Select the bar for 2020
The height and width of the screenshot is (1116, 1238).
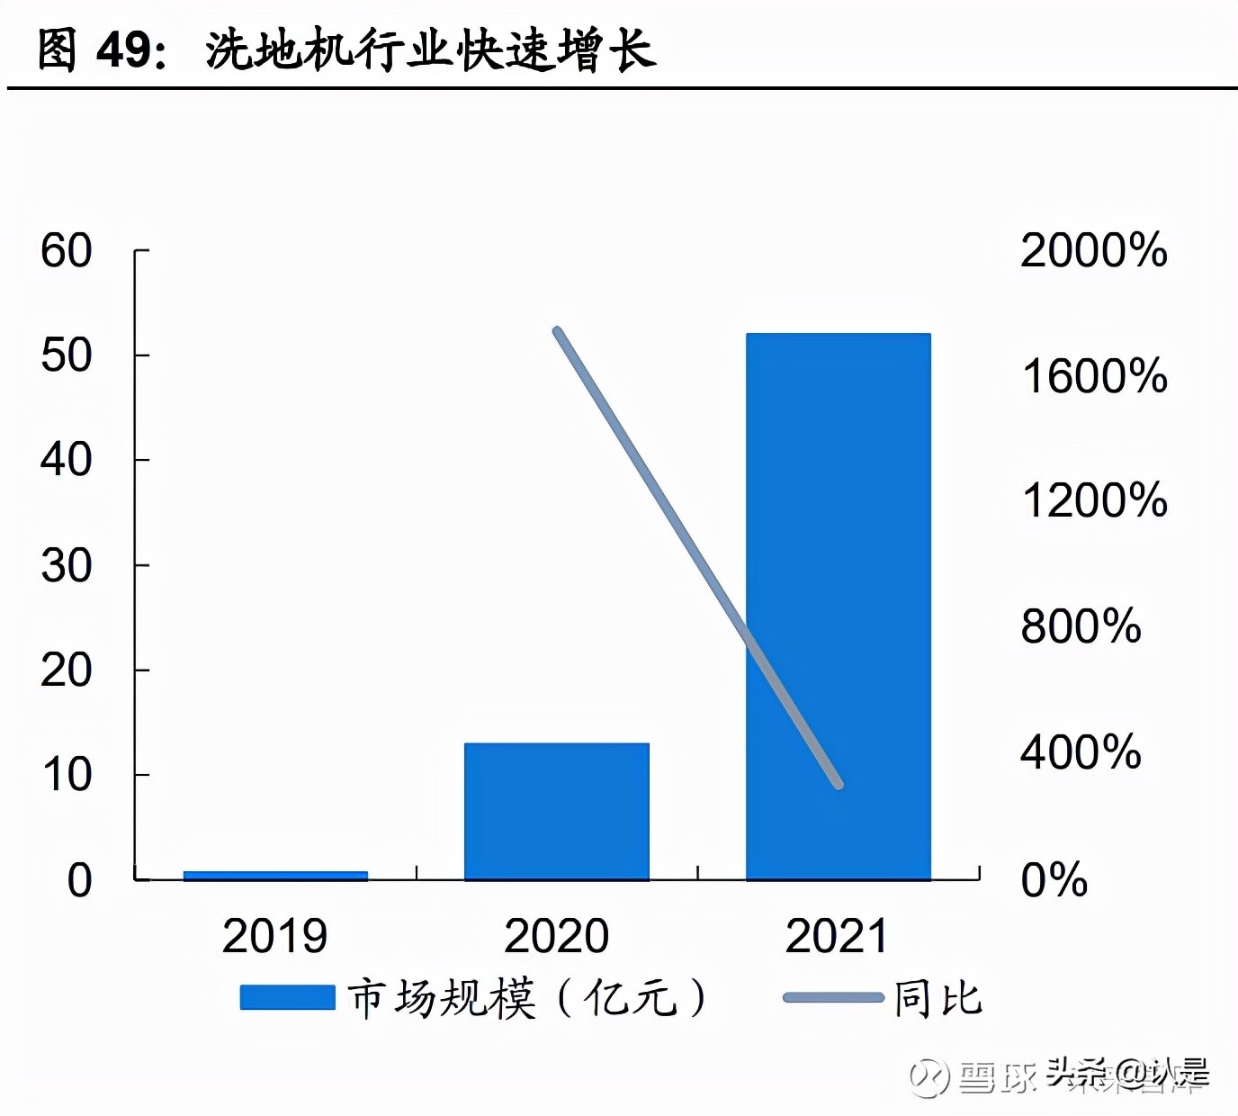pyautogui.click(x=556, y=810)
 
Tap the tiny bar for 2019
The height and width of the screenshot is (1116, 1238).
pyautogui.click(x=275, y=876)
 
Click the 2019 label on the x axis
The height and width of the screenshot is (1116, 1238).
pyautogui.click(x=274, y=936)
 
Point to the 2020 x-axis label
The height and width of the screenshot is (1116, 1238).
pyautogui.click(x=556, y=936)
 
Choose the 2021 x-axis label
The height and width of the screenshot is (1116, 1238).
pyautogui.click(x=837, y=936)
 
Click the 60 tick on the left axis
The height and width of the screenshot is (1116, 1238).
pyautogui.click(x=66, y=250)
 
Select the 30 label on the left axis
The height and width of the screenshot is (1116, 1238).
pyautogui.click(x=66, y=566)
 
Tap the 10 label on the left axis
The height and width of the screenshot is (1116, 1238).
pyautogui.click(x=66, y=775)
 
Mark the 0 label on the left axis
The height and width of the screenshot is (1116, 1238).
pyautogui.click(x=79, y=880)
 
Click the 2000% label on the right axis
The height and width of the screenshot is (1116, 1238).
pyautogui.click(x=1093, y=250)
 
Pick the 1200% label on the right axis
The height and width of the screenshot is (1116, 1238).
pyautogui.click(x=1093, y=500)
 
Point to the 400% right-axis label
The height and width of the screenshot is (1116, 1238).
pyautogui.click(x=1080, y=751)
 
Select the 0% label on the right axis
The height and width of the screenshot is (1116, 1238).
pyautogui.click(x=1054, y=880)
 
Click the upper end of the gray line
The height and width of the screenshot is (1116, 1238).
pyautogui.click(x=557, y=331)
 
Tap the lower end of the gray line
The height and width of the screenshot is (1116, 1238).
pyautogui.click(x=839, y=785)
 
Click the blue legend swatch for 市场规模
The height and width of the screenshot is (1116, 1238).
pyautogui.click(x=287, y=997)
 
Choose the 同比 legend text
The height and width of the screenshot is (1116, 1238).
pyautogui.click(x=937, y=998)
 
